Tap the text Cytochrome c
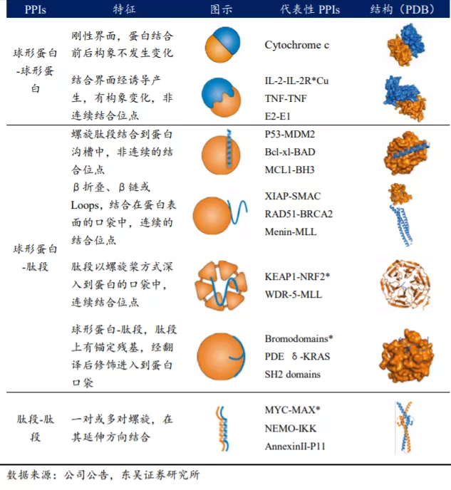point(296,45)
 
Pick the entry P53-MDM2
point(291,135)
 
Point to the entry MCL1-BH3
point(290,170)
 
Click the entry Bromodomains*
point(299,338)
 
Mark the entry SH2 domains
point(292,374)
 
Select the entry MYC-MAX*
point(293,410)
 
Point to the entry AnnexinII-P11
point(299,446)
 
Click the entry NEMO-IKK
point(291,428)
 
